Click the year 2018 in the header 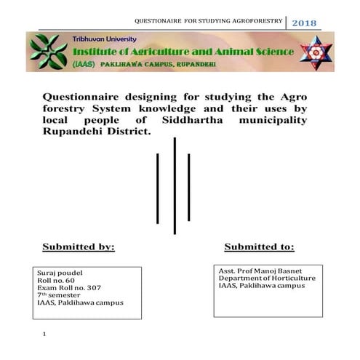(304, 23)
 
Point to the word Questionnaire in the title (82, 97)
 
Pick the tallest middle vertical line (175, 185)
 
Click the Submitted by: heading (78, 247)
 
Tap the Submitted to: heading (259, 247)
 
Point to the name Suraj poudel (60, 273)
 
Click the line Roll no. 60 (55, 280)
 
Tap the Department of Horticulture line (267, 278)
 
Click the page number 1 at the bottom (44, 335)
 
